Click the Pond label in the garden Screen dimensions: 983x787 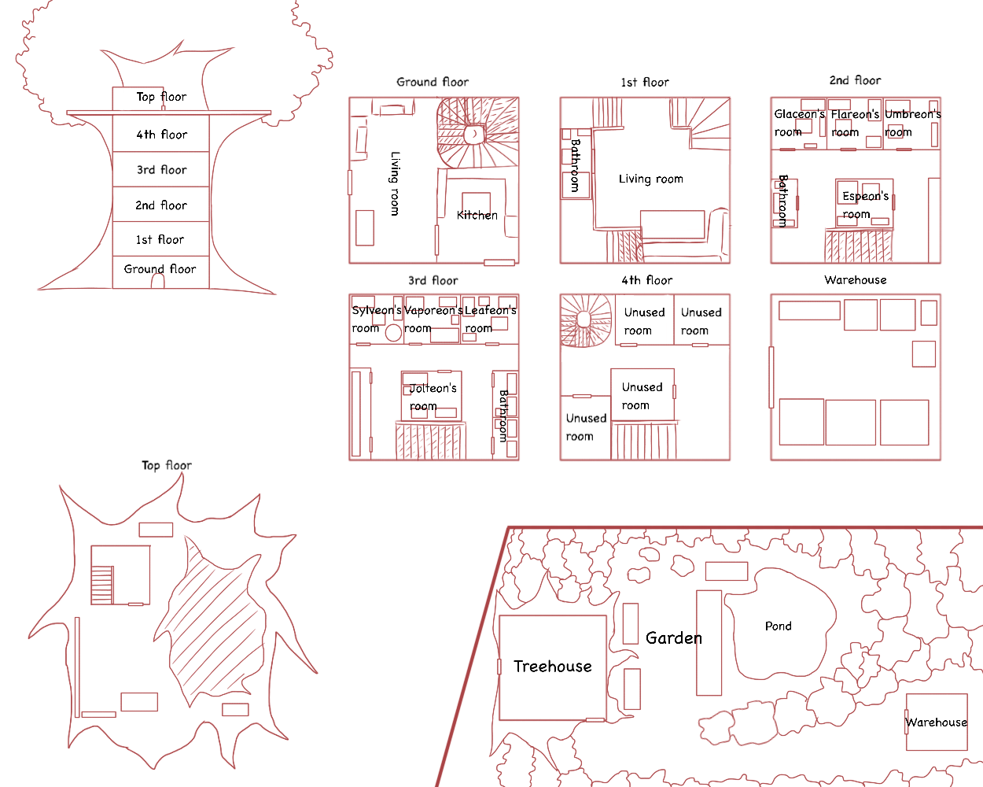tap(778, 626)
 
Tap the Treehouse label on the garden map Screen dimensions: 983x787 tap(553, 667)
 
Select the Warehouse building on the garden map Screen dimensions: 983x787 tap(937, 722)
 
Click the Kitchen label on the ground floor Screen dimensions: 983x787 tap(477, 216)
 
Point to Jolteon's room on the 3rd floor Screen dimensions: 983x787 tap(431, 396)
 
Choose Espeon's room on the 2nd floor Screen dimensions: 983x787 tap(864, 204)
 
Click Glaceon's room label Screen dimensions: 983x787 tap(799, 123)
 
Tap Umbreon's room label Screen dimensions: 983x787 tap(912, 123)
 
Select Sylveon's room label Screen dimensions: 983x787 tap(377, 320)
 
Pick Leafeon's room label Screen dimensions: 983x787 tap(490, 320)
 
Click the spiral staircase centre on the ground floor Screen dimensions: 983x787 tap(475, 134)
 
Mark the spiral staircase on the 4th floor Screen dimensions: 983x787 tap(586, 320)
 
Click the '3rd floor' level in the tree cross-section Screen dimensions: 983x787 tap(161, 169)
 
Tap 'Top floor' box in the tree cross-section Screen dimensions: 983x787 tap(138, 98)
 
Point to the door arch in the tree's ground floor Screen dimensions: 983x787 tap(157, 281)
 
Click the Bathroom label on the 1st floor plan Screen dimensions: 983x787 tap(575, 165)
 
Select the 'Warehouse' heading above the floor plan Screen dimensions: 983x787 tap(855, 280)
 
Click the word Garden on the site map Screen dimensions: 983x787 tap(674, 638)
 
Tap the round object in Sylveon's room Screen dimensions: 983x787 tap(393, 332)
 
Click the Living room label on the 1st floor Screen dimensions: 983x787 tap(651, 179)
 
